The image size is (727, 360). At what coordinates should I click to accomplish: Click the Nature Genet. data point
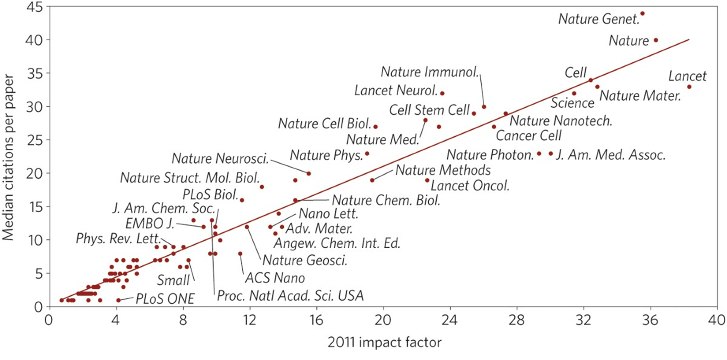pyautogui.click(x=642, y=14)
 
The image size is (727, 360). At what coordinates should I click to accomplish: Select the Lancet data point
pyautogui.click(x=689, y=87)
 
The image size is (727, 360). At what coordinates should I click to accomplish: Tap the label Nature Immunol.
pyautogui.click(x=430, y=72)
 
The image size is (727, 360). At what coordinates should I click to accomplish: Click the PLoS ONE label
pyautogui.click(x=165, y=299)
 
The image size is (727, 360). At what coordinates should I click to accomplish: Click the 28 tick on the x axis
pyautogui.click(x=517, y=320)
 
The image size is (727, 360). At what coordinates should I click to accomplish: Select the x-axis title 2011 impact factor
pyautogui.click(x=384, y=342)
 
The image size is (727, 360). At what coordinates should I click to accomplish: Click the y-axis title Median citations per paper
pyautogui.click(x=8, y=157)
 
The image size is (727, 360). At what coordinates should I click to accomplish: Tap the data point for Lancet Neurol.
pyautogui.click(x=442, y=93)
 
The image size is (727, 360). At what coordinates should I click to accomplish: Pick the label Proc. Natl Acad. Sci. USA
pyautogui.click(x=290, y=296)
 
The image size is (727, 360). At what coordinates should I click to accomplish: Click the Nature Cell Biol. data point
pyautogui.click(x=375, y=127)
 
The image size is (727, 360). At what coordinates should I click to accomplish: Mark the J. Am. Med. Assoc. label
pyautogui.click(x=611, y=155)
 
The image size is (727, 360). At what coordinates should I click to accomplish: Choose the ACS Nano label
pyautogui.click(x=275, y=278)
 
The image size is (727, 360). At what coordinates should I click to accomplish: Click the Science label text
pyautogui.click(x=572, y=103)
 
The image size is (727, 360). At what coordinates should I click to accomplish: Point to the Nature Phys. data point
pyautogui.click(x=367, y=154)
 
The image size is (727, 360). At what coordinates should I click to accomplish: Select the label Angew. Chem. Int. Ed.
pyautogui.click(x=337, y=243)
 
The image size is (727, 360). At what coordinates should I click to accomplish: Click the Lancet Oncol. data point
pyautogui.click(x=427, y=180)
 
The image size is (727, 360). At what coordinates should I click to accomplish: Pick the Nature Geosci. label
pyautogui.click(x=305, y=260)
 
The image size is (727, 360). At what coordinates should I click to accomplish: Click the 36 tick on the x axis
pyautogui.click(x=650, y=320)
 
